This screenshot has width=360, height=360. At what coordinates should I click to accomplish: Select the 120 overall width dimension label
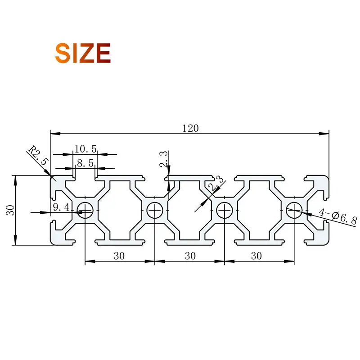coord(190,128)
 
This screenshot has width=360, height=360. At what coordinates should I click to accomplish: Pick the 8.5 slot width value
coord(85,163)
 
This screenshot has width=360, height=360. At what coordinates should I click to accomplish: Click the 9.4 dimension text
coord(61,207)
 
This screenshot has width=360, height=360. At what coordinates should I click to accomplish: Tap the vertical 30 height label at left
coord(10,210)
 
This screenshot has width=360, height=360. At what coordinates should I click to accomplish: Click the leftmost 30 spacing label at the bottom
coord(119,256)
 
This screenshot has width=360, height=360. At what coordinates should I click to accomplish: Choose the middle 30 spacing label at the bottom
coord(190,256)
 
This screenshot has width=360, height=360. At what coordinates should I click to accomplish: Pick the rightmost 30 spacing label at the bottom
coord(256,256)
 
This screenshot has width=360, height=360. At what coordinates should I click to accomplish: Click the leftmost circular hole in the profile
coord(85,210)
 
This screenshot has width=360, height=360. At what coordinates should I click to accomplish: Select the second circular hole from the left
coord(155,210)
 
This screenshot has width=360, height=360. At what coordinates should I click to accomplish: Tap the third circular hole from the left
coord(224,210)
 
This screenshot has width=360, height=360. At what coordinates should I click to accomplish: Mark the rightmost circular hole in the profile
coord(294,210)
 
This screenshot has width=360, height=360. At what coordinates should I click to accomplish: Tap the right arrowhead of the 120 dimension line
coord(326,134)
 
